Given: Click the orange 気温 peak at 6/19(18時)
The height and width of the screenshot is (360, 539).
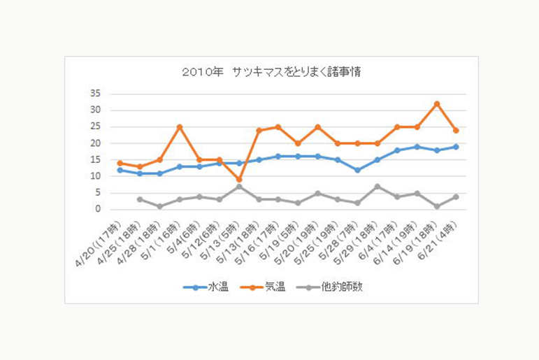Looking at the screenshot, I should click(436, 103).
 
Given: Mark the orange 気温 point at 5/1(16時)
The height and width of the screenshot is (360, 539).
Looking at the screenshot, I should click(180, 127).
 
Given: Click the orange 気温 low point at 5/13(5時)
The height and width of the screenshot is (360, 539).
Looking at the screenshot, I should click(239, 180).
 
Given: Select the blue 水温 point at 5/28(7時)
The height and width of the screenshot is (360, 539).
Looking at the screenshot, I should click(357, 170).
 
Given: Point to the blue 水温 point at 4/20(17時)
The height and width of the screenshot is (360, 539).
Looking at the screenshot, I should click(120, 170).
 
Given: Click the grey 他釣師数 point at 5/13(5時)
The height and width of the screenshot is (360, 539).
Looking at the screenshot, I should click(239, 187).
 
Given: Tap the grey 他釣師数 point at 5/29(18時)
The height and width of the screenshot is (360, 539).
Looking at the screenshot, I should click(377, 187).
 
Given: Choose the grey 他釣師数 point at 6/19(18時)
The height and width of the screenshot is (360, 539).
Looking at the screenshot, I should click(436, 206).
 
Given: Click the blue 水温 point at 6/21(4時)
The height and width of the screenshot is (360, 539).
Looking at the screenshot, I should click(456, 147).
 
